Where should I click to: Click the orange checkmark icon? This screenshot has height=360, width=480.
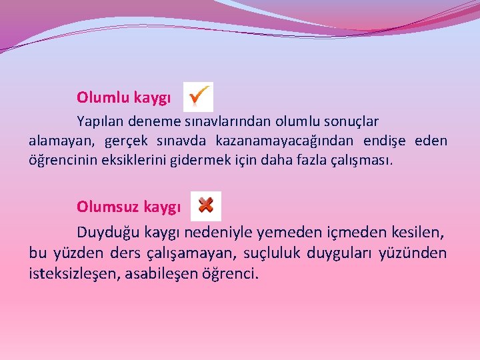[x=198, y=97]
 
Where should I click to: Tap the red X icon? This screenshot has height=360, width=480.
[x=205, y=205]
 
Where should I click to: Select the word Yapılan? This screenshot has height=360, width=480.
[x=100, y=121]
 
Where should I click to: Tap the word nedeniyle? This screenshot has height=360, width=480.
[x=217, y=233]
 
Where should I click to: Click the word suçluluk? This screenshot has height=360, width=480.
[x=274, y=253]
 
